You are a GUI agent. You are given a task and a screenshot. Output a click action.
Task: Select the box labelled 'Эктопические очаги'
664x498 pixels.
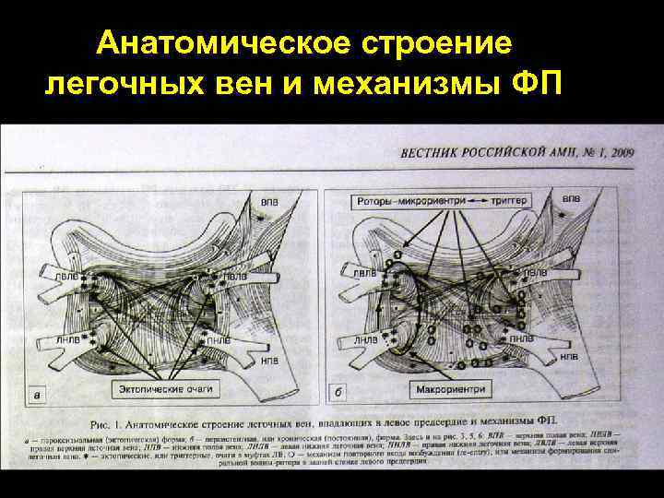point(166,388)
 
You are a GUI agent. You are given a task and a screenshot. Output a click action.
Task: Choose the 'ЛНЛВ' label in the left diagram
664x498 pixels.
point(66,341)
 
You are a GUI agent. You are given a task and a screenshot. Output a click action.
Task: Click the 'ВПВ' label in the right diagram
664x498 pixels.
point(572,197)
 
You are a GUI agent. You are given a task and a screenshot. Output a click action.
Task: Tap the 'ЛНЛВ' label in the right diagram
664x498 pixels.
point(365,341)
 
